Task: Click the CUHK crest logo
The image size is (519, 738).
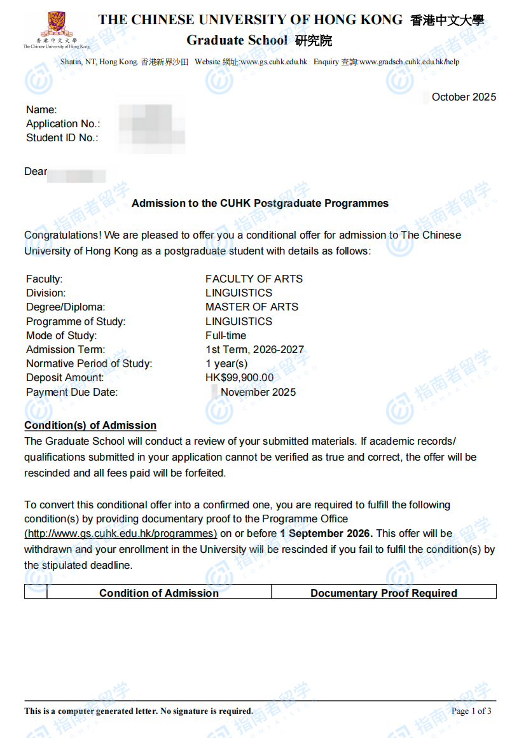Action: click(57, 27)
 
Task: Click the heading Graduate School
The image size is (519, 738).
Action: click(237, 41)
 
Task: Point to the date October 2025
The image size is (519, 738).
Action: click(464, 97)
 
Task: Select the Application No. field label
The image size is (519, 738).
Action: click(63, 124)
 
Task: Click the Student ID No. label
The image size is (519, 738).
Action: click(62, 138)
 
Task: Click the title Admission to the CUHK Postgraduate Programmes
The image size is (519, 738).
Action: click(259, 204)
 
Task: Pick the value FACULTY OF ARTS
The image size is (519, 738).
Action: click(254, 279)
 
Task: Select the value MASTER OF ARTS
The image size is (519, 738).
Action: click(252, 307)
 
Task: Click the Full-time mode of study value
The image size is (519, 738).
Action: click(226, 335)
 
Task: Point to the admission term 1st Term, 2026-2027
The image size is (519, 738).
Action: click(254, 349)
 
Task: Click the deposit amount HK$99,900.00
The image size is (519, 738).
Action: click(239, 378)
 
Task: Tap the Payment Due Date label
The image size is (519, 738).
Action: click(72, 392)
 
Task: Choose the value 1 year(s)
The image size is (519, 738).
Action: click(226, 364)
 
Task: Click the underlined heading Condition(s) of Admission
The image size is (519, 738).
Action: click(90, 426)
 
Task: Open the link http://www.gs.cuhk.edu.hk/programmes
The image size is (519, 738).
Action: click(121, 534)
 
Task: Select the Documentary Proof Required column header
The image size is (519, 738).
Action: click(384, 593)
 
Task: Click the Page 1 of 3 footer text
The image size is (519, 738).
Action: click(471, 711)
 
